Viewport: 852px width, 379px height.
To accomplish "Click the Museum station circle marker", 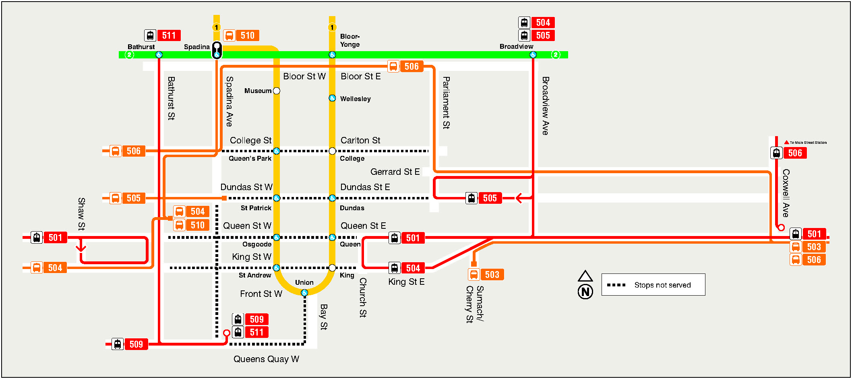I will pos(277,91).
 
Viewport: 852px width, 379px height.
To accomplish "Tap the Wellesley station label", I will pos(355,99).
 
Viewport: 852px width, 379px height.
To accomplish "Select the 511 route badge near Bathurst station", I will pos(169,35).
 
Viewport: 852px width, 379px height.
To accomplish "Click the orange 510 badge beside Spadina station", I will pos(247,35).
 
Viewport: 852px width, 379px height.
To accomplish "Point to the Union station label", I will pos(304,282).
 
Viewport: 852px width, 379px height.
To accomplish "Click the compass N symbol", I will pos(585,291).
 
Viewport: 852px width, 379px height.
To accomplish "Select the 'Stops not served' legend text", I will pos(662,285).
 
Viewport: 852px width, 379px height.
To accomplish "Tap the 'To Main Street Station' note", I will pos(808,143).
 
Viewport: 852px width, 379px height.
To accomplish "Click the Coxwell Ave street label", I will pos(786,193).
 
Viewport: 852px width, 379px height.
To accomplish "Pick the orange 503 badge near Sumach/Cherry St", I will pos(492,275).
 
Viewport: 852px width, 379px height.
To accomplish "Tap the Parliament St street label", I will pos(446,103).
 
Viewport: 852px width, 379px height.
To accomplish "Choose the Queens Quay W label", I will pos(266,359).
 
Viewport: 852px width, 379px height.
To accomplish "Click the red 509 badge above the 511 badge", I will pos(256,319).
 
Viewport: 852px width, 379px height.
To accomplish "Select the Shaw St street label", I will pos(81,213).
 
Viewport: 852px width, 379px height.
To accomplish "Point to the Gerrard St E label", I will pos(395,172).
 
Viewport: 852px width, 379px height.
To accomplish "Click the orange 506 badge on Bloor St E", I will pos(411,66).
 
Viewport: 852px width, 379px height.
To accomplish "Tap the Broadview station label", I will pos(516,46).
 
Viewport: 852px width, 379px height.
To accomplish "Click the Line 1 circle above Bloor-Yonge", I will pos(332,27).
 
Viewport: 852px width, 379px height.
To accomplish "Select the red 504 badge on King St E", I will pos(413,268).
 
